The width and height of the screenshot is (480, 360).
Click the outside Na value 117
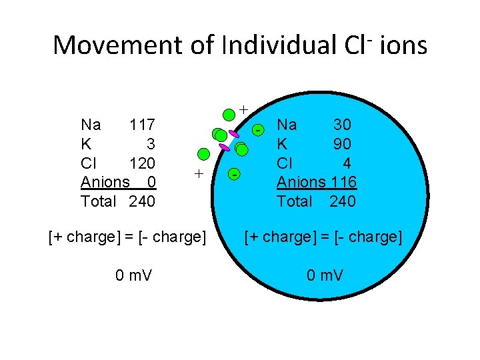point(142,125)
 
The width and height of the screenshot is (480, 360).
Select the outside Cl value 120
point(142,163)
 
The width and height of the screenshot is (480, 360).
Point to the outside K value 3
point(151,144)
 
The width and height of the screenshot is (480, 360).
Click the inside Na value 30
point(342,125)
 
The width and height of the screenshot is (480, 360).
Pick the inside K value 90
point(342,144)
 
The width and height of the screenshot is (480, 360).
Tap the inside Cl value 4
point(347,163)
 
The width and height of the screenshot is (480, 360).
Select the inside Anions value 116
point(344,182)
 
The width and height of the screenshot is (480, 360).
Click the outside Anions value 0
point(151,182)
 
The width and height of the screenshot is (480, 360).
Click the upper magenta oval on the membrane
point(234,133)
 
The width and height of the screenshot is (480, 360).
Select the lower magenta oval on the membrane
point(224,147)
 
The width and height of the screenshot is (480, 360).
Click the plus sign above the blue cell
point(243,108)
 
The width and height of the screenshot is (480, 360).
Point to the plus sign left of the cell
point(198,174)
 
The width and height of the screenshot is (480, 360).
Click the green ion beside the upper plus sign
point(229,114)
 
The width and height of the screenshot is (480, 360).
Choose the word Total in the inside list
point(294,201)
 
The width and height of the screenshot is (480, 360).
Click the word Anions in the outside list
point(105,182)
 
